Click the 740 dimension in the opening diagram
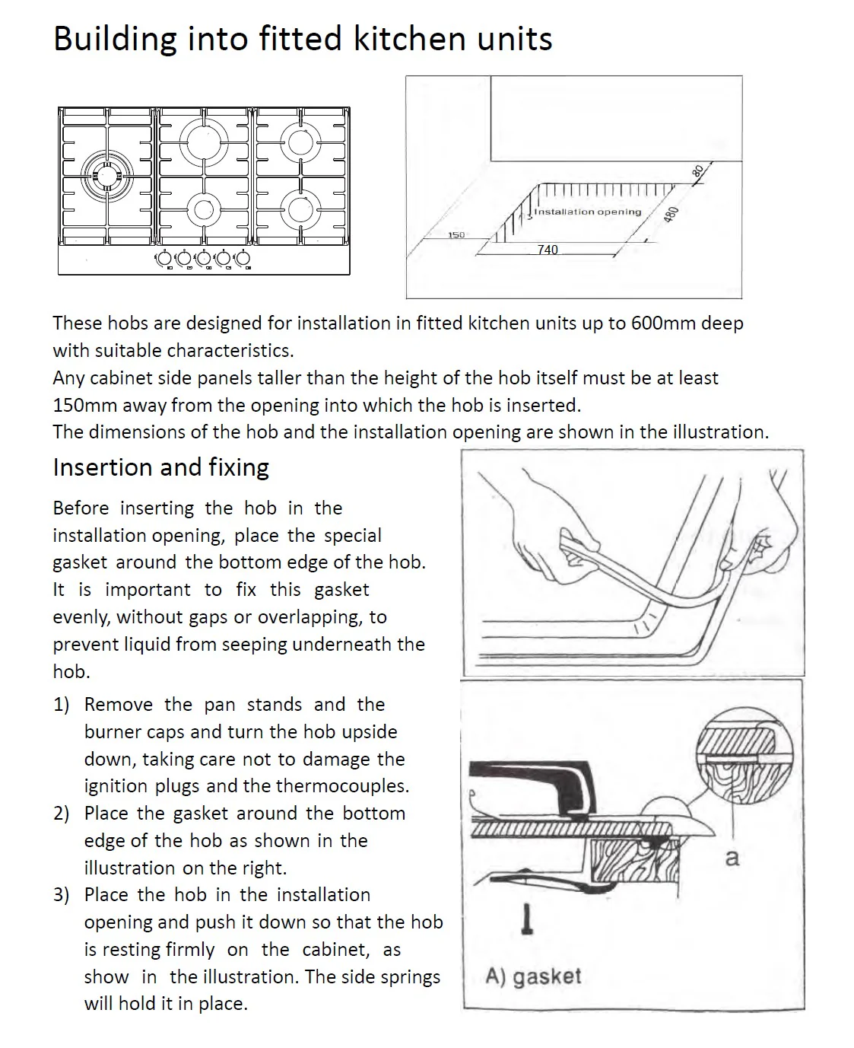click(x=548, y=250)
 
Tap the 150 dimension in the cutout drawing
click(x=456, y=234)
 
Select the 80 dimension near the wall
click(x=697, y=171)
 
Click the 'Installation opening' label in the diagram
click(x=587, y=212)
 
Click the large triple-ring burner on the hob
click(x=106, y=175)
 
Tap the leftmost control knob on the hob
click(x=164, y=259)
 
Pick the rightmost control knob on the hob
click(x=243, y=259)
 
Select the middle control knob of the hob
click(x=204, y=259)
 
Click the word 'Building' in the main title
click(x=115, y=40)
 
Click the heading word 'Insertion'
click(x=102, y=467)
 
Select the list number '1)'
click(x=62, y=705)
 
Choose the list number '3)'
click(x=62, y=895)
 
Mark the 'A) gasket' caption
click(x=533, y=976)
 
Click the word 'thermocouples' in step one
click(x=343, y=785)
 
